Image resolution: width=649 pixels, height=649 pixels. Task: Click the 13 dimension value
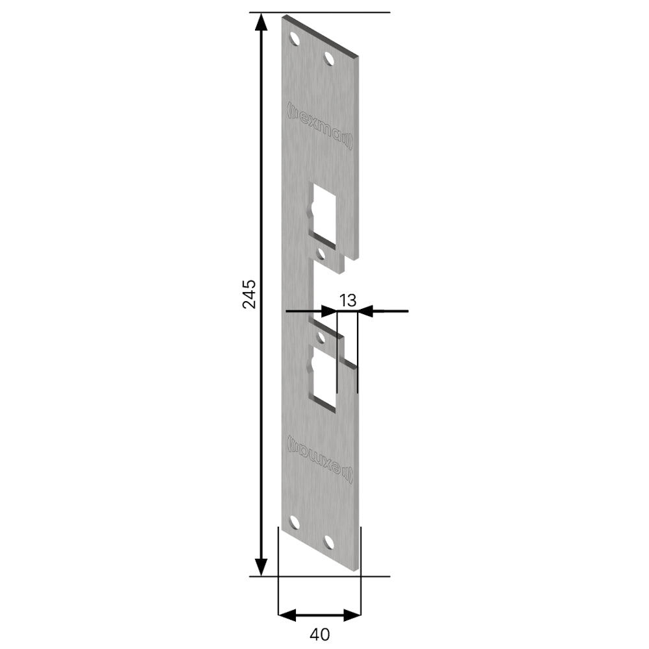pos(348,300)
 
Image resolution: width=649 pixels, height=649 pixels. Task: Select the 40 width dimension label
pos(319,632)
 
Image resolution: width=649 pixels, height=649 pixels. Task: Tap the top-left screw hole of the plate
pos(295,38)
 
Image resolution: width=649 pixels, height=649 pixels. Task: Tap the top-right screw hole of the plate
pos(329,59)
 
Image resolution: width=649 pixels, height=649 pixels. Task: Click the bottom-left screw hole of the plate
pos(295,522)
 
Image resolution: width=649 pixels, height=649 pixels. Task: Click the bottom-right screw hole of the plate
pos(329,543)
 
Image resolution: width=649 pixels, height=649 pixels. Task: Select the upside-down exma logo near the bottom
pos(321,457)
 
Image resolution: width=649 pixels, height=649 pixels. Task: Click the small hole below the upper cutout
pos(319,251)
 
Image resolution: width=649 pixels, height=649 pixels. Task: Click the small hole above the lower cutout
pos(319,338)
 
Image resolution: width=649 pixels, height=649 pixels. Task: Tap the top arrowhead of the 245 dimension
pos(261,23)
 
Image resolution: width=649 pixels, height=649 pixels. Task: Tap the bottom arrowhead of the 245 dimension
pos(261,567)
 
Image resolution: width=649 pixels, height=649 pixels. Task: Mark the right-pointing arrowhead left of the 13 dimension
pos(330,312)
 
